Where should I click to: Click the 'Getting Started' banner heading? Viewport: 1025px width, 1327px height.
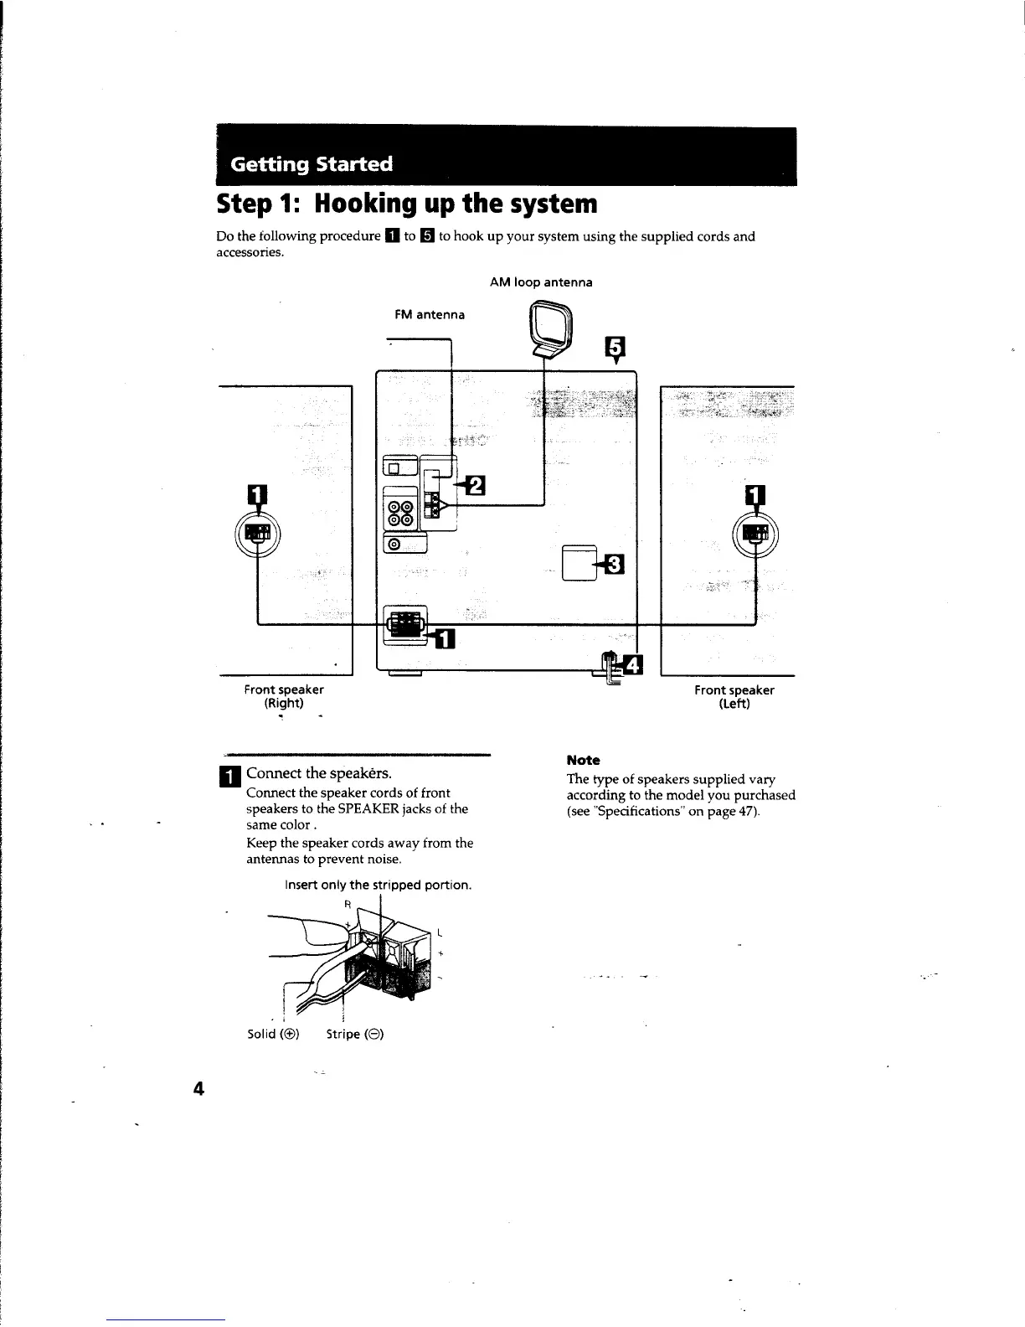(312, 163)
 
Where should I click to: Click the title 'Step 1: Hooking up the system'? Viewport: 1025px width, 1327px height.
(407, 204)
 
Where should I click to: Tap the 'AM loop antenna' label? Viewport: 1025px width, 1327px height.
(541, 282)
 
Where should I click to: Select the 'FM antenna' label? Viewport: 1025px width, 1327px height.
(429, 315)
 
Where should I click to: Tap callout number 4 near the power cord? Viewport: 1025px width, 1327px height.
(634, 665)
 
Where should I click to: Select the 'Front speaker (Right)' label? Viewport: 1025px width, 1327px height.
(284, 696)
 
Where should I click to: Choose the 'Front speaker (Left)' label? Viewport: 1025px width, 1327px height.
(734, 697)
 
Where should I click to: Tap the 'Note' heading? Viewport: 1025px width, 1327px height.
(583, 760)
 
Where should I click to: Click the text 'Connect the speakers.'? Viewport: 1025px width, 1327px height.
(319, 772)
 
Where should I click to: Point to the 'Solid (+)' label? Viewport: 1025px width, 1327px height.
(273, 1034)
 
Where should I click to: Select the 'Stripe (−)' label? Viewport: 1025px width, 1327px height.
(355, 1034)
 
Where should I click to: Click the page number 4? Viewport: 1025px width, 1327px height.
(198, 1089)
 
